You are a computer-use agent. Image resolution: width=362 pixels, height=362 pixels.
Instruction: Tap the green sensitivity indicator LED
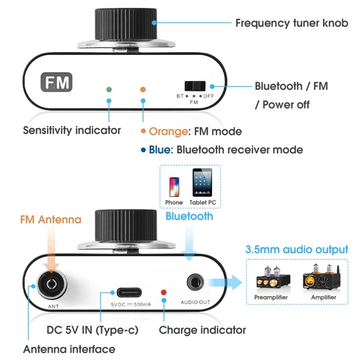109,89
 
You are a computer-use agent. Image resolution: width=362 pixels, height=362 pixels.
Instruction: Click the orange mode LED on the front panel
143,89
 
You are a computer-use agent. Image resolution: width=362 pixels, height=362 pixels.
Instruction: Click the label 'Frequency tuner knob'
292,23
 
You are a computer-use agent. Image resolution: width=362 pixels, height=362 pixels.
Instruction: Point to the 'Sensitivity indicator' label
72,131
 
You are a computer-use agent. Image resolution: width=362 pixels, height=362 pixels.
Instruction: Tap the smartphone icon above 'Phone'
174,185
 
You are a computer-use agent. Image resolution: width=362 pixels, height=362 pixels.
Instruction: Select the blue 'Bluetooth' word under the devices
189,216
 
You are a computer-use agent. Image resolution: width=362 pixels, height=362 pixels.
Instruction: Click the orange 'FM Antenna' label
49,219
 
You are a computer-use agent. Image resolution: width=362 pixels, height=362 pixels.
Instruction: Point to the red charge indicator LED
164,292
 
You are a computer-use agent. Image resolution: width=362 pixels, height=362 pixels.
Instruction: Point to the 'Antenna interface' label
69,349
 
